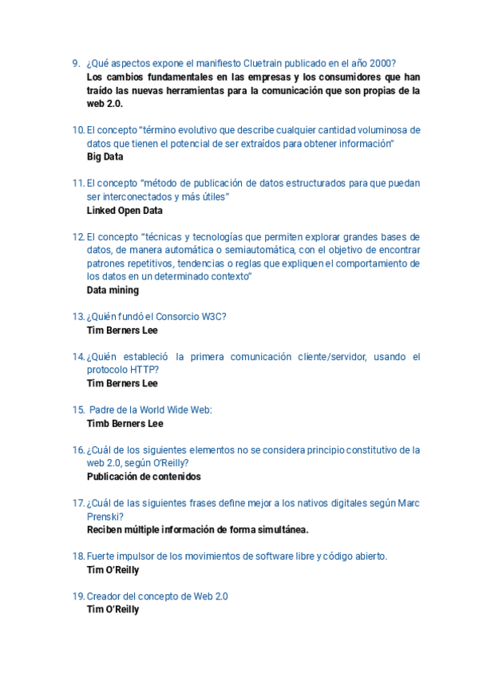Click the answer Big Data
click(x=105, y=157)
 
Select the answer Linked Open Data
click(x=125, y=211)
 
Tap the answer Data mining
click(x=113, y=291)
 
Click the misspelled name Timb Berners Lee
click(x=125, y=424)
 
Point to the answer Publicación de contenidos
click(x=144, y=477)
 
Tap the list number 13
click(x=78, y=317)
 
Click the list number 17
click(x=78, y=504)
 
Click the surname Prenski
click(x=104, y=517)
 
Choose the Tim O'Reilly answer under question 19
click(x=113, y=610)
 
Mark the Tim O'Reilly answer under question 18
click(x=113, y=570)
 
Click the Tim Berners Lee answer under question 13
click(x=122, y=331)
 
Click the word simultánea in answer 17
click(x=281, y=530)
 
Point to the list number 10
click(x=78, y=130)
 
